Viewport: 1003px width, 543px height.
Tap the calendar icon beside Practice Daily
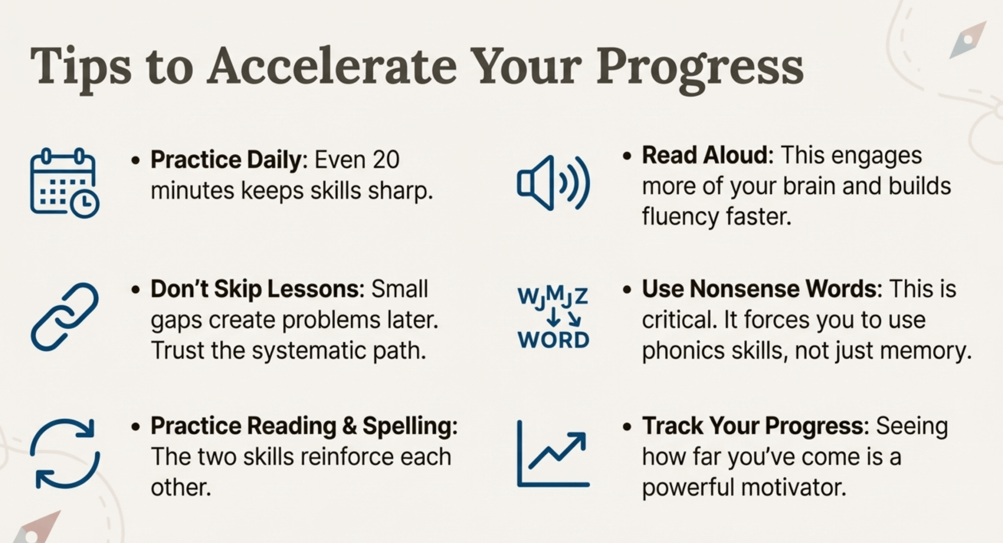(x=65, y=183)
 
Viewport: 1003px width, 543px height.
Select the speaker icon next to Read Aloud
(x=553, y=183)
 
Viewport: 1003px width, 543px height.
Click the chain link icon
(x=65, y=317)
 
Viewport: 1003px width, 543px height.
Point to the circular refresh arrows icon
(x=65, y=454)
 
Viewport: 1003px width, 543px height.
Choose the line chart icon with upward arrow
(x=553, y=454)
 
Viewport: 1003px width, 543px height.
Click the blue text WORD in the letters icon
(x=553, y=340)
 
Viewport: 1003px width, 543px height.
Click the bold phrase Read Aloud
(x=705, y=155)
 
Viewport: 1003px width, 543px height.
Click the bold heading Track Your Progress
(x=753, y=426)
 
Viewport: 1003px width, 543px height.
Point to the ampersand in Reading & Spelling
(x=349, y=426)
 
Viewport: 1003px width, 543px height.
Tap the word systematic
(x=308, y=351)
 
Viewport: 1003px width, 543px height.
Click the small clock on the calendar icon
(x=85, y=203)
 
